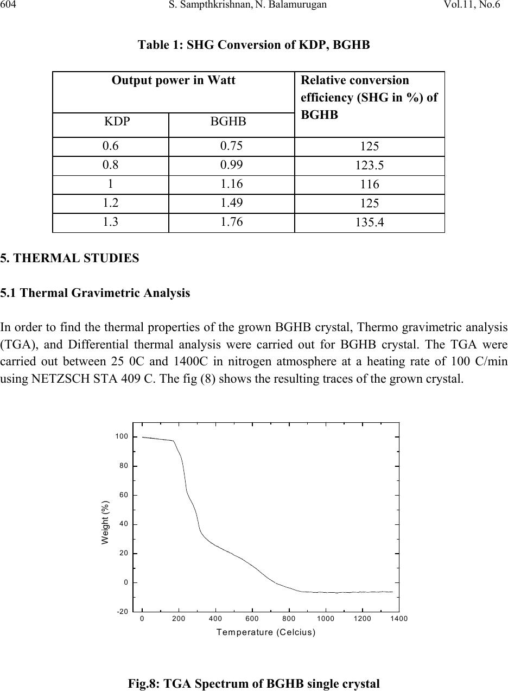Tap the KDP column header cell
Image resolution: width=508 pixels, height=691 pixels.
[111, 125]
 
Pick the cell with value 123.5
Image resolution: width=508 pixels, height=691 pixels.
[369, 166]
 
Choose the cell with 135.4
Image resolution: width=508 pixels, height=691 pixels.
[369, 223]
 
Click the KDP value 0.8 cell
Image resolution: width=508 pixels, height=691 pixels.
[111, 166]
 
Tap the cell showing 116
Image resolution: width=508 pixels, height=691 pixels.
[369, 185]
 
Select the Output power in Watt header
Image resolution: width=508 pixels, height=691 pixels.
[174, 81]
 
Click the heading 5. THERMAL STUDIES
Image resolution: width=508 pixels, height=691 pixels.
[69, 258]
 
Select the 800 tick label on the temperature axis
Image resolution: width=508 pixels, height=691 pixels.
[289, 619]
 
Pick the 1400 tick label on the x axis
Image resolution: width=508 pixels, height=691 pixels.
[399, 619]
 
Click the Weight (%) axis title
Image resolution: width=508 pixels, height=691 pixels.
[106, 522]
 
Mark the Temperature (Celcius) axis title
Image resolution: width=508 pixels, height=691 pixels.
[266, 632]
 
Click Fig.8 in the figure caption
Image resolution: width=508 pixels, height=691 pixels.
[142, 684]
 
